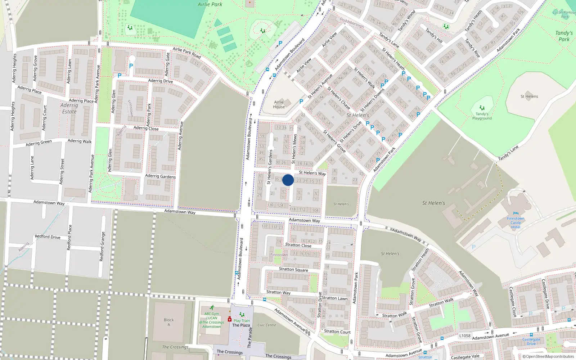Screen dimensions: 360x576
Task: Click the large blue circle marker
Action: [288, 180]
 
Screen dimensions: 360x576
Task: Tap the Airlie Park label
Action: [210, 4]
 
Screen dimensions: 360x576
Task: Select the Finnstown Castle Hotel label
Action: [516, 223]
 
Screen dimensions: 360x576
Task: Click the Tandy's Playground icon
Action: [482, 108]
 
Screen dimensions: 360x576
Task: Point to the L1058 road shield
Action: [465, 336]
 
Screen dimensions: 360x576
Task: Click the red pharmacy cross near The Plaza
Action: [230, 319]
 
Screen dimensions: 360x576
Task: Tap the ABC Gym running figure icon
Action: [212, 308]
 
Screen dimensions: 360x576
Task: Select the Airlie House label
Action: [279, 104]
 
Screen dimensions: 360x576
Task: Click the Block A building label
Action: [169, 322]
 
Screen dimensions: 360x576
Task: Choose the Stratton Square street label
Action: [293, 269]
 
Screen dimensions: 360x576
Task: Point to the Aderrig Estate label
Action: [69, 108]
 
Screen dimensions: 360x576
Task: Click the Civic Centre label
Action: [267, 325]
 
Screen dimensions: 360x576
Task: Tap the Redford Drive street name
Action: [48, 237]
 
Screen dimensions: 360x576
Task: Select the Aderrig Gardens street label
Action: [160, 176]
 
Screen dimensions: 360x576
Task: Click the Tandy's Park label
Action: [564, 36]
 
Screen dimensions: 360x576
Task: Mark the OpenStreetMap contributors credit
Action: [548, 356]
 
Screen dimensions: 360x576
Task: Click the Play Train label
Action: [242, 321]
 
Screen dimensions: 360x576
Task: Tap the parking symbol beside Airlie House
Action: [301, 102]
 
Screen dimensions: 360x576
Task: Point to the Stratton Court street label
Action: [337, 332]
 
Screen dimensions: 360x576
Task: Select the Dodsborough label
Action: [352, 23]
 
